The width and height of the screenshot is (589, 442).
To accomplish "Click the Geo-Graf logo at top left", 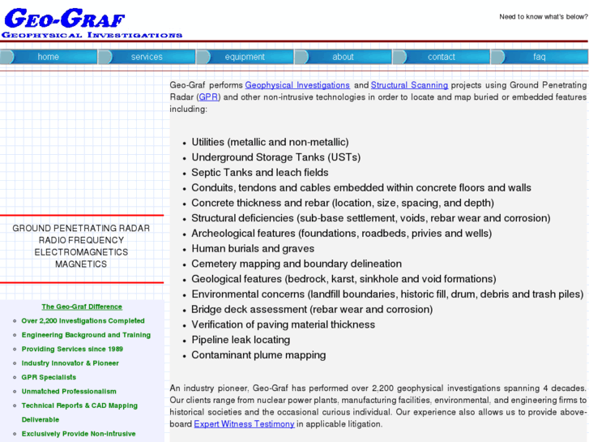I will (x=91, y=24).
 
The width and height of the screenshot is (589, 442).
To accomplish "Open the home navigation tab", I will (x=49, y=57).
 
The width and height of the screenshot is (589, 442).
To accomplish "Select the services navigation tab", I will (x=147, y=57).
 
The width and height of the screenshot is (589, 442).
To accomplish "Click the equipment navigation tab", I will (x=245, y=57).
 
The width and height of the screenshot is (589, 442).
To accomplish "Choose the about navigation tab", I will (x=343, y=57).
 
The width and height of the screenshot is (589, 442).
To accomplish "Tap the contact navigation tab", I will (x=441, y=57).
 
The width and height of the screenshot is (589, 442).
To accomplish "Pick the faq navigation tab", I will (x=539, y=57).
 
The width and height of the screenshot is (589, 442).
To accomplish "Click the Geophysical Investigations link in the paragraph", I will (x=297, y=85).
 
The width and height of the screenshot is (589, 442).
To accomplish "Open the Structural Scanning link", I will (x=409, y=85).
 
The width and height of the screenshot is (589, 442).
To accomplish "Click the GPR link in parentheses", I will (x=208, y=97).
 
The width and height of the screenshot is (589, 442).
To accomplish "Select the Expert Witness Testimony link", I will (x=244, y=424).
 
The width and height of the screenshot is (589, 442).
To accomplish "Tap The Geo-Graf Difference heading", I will (x=82, y=307).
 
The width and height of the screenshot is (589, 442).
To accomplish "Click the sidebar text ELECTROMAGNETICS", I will (x=81, y=252).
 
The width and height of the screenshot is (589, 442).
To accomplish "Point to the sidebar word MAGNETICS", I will (x=81, y=264).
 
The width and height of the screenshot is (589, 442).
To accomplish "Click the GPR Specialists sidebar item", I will (x=49, y=377).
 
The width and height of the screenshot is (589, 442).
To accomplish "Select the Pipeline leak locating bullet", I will (x=241, y=340).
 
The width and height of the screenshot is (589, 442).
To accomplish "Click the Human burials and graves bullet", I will (x=253, y=249).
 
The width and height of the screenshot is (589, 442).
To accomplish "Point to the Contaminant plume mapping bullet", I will (x=258, y=355).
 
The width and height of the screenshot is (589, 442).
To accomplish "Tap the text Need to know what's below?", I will (x=543, y=17).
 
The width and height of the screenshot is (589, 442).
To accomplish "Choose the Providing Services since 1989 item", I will (x=72, y=349).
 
